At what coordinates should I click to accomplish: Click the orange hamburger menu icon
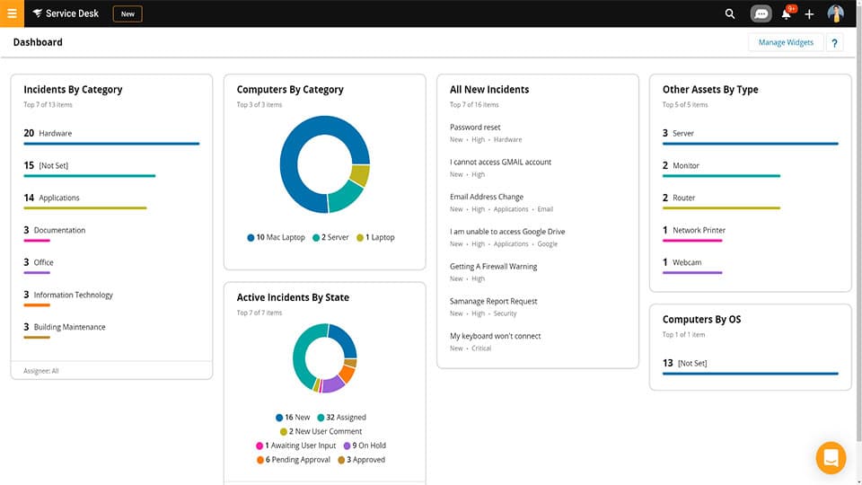pyautogui.click(x=12, y=13)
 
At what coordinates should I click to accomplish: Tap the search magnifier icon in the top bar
pyautogui.click(x=730, y=14)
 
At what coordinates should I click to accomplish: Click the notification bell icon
pyautogui.click(x=787, y=14)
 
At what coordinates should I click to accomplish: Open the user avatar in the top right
pyautogui.click(x=835, y=13)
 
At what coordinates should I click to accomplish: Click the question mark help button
pyautogui.click(x=834, y=42)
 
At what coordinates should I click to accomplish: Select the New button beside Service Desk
pyautogui.click(x=128, y=14)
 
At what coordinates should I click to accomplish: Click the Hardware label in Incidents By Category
pyautogui.click(x=56, y=134)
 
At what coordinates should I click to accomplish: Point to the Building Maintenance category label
pyautogui.click(x=69, y=328)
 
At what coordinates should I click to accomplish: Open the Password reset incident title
pyautogui.click(x=475, y=128)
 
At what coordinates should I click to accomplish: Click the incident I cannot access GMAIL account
pyautogui.click(x=500, y=163)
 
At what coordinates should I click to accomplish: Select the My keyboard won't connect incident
pyautogui.click(x=495, y=336)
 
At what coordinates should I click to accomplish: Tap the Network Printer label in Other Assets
pyautogui.click(x=699, y=231)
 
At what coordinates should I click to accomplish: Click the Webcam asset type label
pyautogui.click(x=687, y=263)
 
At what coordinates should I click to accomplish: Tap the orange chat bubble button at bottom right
pyautogui.click(x=831, y=458)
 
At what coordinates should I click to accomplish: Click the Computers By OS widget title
pyautogui.click(x=701, y=320)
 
